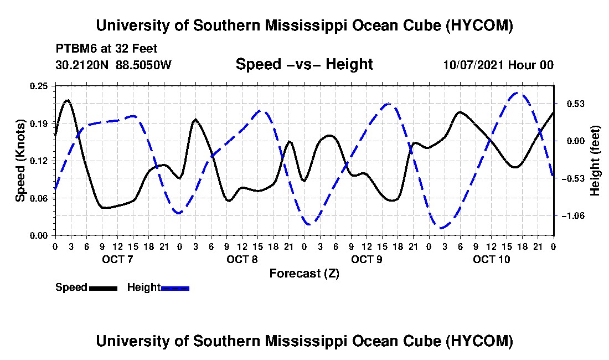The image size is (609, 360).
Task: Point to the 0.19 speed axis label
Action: coord(38,124)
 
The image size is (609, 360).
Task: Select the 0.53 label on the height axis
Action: coord(576,104)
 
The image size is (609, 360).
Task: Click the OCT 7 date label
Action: coord(117,259)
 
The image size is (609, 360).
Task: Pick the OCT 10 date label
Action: coord(491,259)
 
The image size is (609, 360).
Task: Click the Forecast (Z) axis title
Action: coord(304,274)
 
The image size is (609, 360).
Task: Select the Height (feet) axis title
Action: coord(595,161)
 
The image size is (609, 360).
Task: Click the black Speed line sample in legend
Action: coord(103,288)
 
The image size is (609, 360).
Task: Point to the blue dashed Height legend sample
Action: coord(175,288)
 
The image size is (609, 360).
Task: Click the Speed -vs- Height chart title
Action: coord(304,64)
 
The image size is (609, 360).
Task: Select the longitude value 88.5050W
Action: coord(143,64)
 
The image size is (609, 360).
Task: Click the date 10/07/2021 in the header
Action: coord(473,65)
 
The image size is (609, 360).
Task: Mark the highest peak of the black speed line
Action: coord(68,100)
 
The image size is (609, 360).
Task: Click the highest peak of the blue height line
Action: coord(518,93)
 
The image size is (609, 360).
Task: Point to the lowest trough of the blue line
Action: coord(441,228)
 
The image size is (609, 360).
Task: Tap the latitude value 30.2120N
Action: coord(82,64)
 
